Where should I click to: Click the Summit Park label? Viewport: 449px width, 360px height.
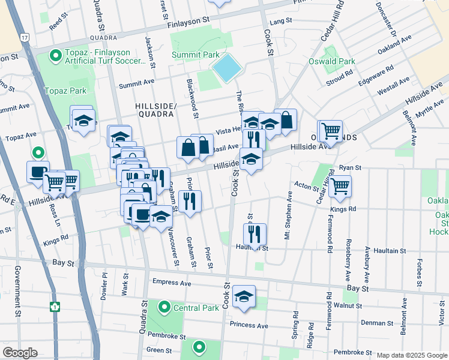[195, 55]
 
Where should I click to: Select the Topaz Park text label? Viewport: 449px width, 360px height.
[65, 91]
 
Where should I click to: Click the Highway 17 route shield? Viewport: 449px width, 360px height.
[23, 37]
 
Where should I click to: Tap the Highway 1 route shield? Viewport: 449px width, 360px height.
[55, 307]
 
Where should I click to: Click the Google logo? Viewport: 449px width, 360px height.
[20, 352]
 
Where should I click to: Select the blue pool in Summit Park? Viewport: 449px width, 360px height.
[226, 68]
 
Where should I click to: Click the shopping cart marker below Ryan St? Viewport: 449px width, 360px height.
[340, 186]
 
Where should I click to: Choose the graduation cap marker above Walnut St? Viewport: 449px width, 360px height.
[244, 297]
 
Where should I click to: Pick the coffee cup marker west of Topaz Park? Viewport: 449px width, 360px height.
[38, 172]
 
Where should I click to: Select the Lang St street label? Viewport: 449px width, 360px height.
[276, 21]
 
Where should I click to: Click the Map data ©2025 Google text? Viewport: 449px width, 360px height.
[411, 355]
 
